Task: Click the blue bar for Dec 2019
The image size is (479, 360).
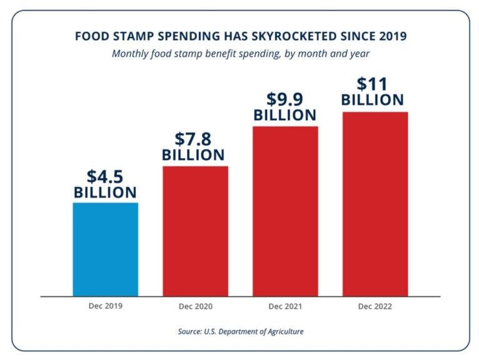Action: pyautogui.click(x=105, y=249)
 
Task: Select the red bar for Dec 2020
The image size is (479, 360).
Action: pyautogui.click(x=195, y=231)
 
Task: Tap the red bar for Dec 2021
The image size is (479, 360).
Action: pyautogui.click(x=285, y=211)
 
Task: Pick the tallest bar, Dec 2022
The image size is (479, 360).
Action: pyautogui.click(x=375, y=203)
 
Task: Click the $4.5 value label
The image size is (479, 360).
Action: pyautogui.click(x=105, y=176)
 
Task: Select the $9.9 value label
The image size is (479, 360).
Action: pyautogui.click(x=285, y=99)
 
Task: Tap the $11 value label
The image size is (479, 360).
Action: pyautogui.click(x=372, y=84)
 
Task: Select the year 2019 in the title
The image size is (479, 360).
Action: pyautogui.click(x=392, y=36)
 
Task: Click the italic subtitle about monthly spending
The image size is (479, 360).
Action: pyautogui.click(x=240, y=54)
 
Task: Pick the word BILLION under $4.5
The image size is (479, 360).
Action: pyautogui.click(x=105, y=192)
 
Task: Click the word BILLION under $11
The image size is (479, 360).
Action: pyautogui.click(x=372, y=100)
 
